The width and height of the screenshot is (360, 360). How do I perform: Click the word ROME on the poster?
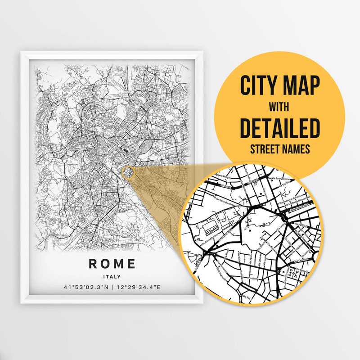(x=112, y=264)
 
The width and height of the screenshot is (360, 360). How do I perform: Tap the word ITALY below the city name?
(x=112, y=276)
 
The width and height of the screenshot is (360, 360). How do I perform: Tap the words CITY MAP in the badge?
(x=279, y=85)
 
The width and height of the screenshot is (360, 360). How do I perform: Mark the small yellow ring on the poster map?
(x=127, y=172)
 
